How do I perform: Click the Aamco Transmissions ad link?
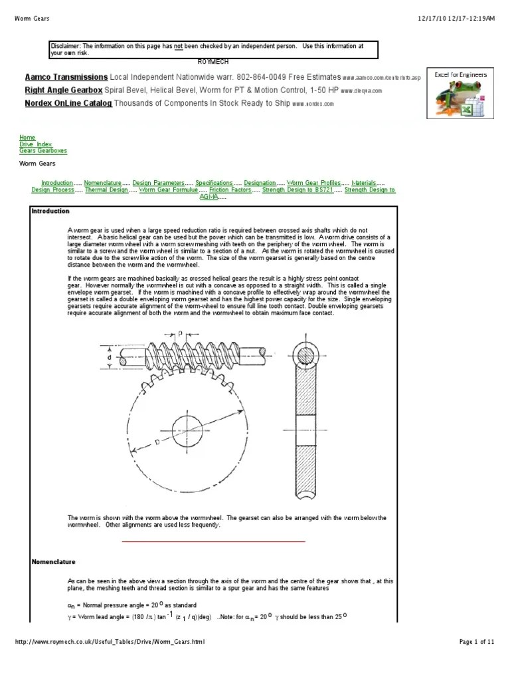point(66,77)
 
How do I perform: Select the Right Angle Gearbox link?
point(64,90)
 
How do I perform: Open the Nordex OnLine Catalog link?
point(68,103)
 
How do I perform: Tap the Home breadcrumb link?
point(27,138)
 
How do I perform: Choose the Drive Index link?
point(35,144)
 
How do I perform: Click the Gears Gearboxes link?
point(43,151)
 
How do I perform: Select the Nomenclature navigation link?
point(102,182)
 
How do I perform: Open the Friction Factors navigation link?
point(230,190)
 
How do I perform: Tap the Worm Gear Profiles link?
point(313,182)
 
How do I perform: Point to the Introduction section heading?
point(50,211)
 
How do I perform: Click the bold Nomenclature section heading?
point(54,562)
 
